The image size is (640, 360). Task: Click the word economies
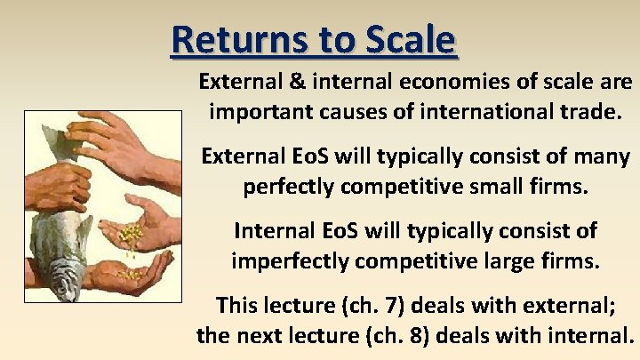click(444, 82)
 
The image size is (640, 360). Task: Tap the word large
click(494, 262)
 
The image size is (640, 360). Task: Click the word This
click(237, 306)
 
